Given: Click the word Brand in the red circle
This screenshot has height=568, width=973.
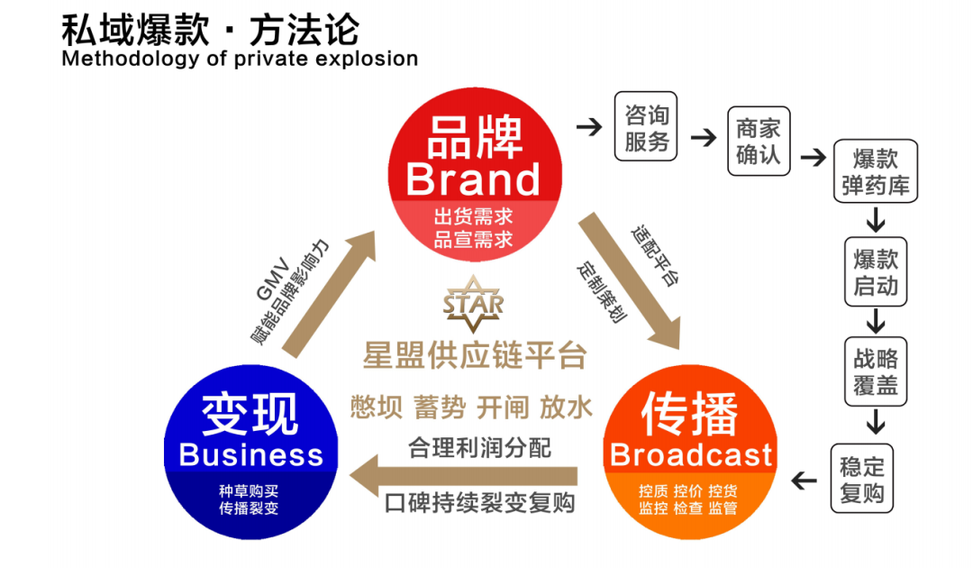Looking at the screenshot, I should point(473,179).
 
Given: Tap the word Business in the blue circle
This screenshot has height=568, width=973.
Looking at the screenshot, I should point(250,454).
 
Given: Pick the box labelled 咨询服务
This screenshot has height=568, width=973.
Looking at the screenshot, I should point(647,128).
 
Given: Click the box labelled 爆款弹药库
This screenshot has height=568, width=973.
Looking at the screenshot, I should point(875,173).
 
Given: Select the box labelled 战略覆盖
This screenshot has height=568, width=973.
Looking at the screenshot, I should point(875,372).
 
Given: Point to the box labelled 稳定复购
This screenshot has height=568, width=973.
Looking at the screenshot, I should point(862,479).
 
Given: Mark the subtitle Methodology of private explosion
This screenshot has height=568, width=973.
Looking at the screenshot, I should point(240,60).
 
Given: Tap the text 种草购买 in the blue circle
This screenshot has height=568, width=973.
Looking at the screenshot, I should point(250,491).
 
